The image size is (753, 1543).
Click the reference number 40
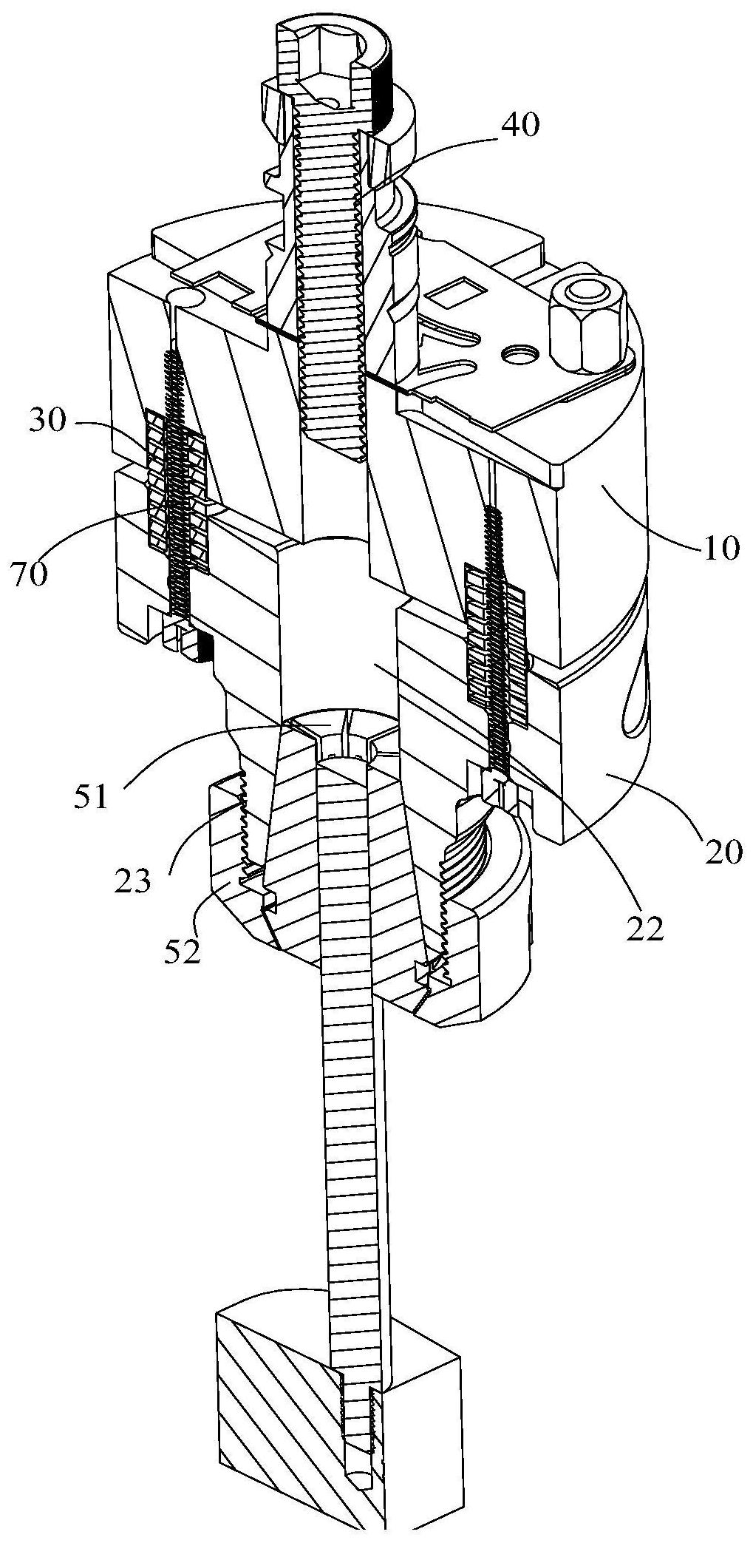coord(520,125)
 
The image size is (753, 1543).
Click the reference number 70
coord(30,573)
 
